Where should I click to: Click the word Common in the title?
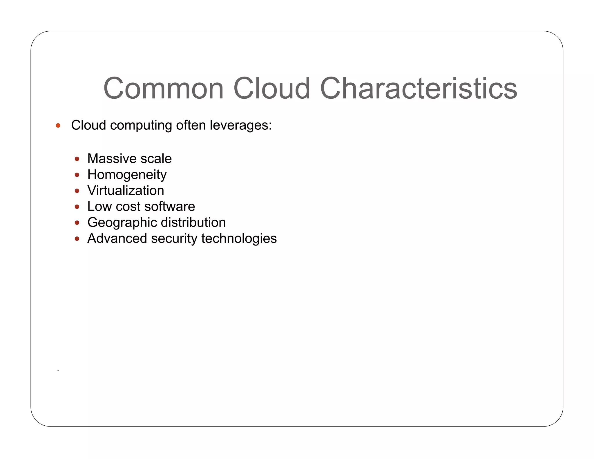[x=163, y=88]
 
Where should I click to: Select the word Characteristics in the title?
[x=419, y=88]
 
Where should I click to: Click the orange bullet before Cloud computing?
[x=58, y=125]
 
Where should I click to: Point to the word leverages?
[x=240, y=126]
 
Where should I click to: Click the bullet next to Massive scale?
[x=77, y=159]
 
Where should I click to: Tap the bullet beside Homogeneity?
[x=77, y=175]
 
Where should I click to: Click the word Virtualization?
[x=126, y=191]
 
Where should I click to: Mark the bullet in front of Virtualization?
[x=77, y=191]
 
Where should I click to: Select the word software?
[x=170, y=207]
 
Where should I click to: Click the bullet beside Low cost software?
[x=77, y=207]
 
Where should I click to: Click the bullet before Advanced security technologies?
[x=77, y=239]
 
